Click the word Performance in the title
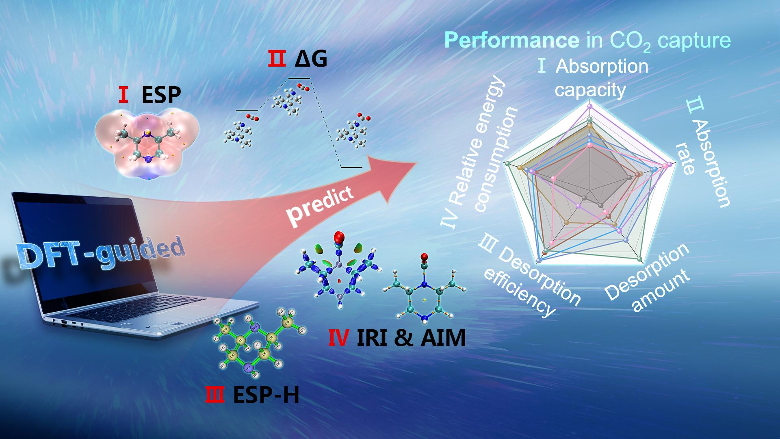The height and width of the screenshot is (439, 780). pos(512,41)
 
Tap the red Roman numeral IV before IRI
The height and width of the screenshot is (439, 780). pos(337,338)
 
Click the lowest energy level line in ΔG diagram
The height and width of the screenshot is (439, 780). pos(351,167)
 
